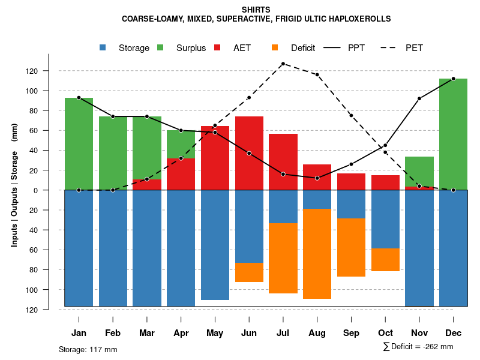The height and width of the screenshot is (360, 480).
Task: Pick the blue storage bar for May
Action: click(x=215, y=245)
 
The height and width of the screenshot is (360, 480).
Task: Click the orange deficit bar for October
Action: click(x=385, y=259)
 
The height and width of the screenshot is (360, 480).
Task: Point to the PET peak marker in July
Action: click(x=283, y=64)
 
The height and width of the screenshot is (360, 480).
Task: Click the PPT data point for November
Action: click(x=419, y=98)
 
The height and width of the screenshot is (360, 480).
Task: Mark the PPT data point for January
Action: click(x=79, y=97)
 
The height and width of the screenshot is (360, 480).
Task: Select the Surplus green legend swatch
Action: click(x=161, y=48)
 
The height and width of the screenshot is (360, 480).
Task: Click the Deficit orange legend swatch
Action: click(x=275, y=48)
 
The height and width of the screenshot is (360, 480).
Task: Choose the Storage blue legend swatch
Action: click(x=103, y=48)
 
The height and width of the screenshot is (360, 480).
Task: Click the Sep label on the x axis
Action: click(x=351, y=333)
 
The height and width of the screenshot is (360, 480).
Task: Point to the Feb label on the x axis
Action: click(x=113, y=333)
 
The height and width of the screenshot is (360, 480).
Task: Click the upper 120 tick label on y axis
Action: click(x=49, y=71)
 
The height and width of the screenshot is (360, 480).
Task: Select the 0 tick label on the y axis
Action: click(x=52, y=190)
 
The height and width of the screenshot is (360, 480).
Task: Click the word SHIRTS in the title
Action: click(x=256, y=10)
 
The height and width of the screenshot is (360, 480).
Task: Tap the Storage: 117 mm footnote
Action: click(x=88, y=349)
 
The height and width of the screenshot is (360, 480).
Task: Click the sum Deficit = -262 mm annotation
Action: click(x=418, y=346)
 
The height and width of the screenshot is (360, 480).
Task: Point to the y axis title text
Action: click(x=14, y=190)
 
